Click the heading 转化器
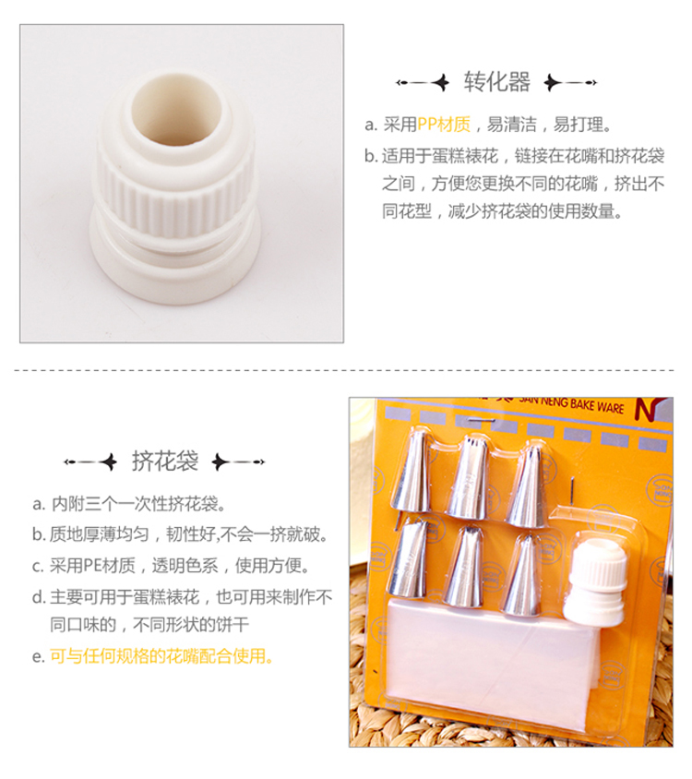(x=496, y=82)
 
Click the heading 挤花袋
(x=165, y=461)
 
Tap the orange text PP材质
(x=444, y=125)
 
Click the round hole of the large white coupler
(x=176, y=109)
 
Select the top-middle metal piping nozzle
(x=469, y=477)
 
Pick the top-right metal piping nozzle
(x=528, y=485)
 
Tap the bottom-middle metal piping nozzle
(x=464, y=567)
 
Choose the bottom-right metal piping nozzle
(x=521, y=575)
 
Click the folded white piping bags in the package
(x=492, y=665)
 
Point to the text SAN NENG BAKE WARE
(x=571, y=405)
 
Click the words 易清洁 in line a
(x=512, y=125)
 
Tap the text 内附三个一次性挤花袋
(x=134, y=504)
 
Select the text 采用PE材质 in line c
(x=92, y=566)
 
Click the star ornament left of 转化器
(x=440, y=82)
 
